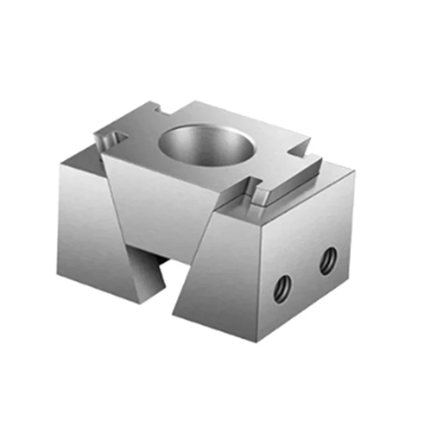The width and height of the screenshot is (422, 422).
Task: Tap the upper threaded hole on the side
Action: [x=328, y=261]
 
